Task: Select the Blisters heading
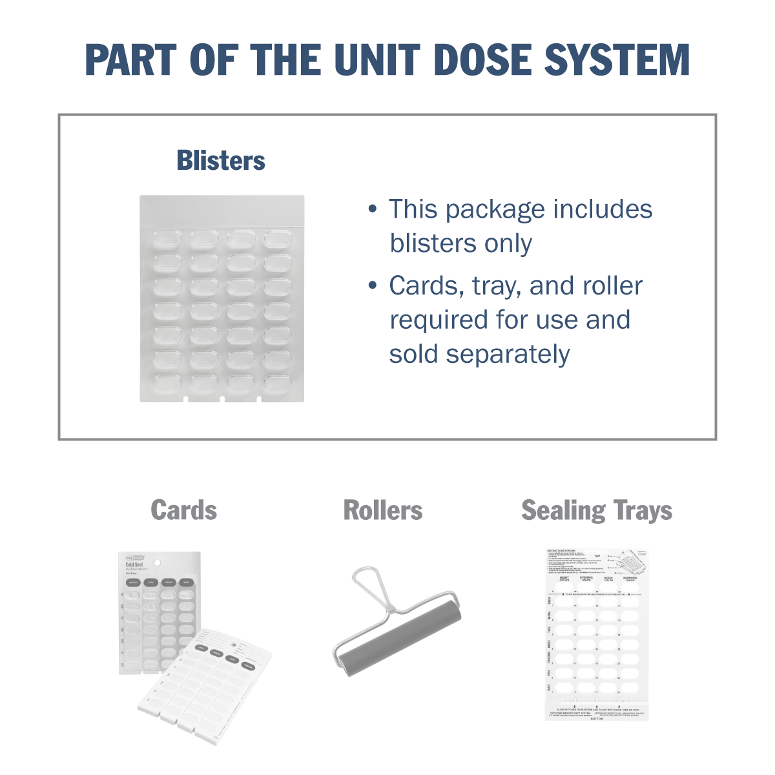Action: [x=221, y=161]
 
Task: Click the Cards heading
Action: [x=184, y=510]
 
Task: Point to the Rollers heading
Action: [x=383, y=510]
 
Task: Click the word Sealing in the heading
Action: [x=563, y=511]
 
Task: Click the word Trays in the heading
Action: [x=643, y=511]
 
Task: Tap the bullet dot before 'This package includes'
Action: [x=372, y=209]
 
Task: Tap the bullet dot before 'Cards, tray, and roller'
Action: [x=372, y=285]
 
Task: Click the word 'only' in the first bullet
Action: [x=510, y=243]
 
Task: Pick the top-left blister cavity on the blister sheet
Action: [x=167, y=240]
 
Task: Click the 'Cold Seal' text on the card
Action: [x=135, y=564]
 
